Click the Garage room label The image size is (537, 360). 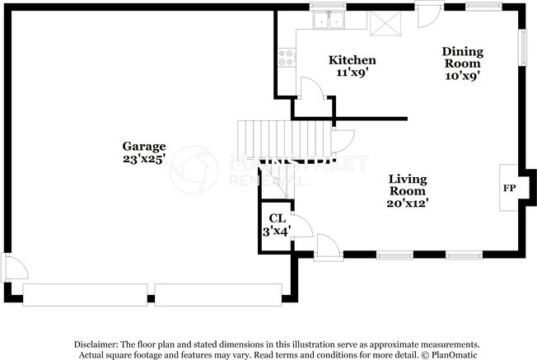[145, 146]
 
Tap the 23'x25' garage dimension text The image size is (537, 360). [145, 158]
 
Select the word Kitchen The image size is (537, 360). [353, 60]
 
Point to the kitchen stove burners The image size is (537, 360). [287, 58]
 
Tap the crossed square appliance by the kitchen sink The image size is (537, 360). [384, 22]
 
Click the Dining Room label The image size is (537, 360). [464, 58]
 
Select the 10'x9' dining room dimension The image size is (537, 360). [464, 75]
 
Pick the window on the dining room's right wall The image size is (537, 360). [521, 47]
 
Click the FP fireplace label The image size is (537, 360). [509, 189]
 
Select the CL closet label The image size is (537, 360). [277, 218]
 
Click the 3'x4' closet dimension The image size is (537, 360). [277, 231]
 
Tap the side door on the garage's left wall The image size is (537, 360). [12, 268]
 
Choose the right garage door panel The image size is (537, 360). [219, 295]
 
